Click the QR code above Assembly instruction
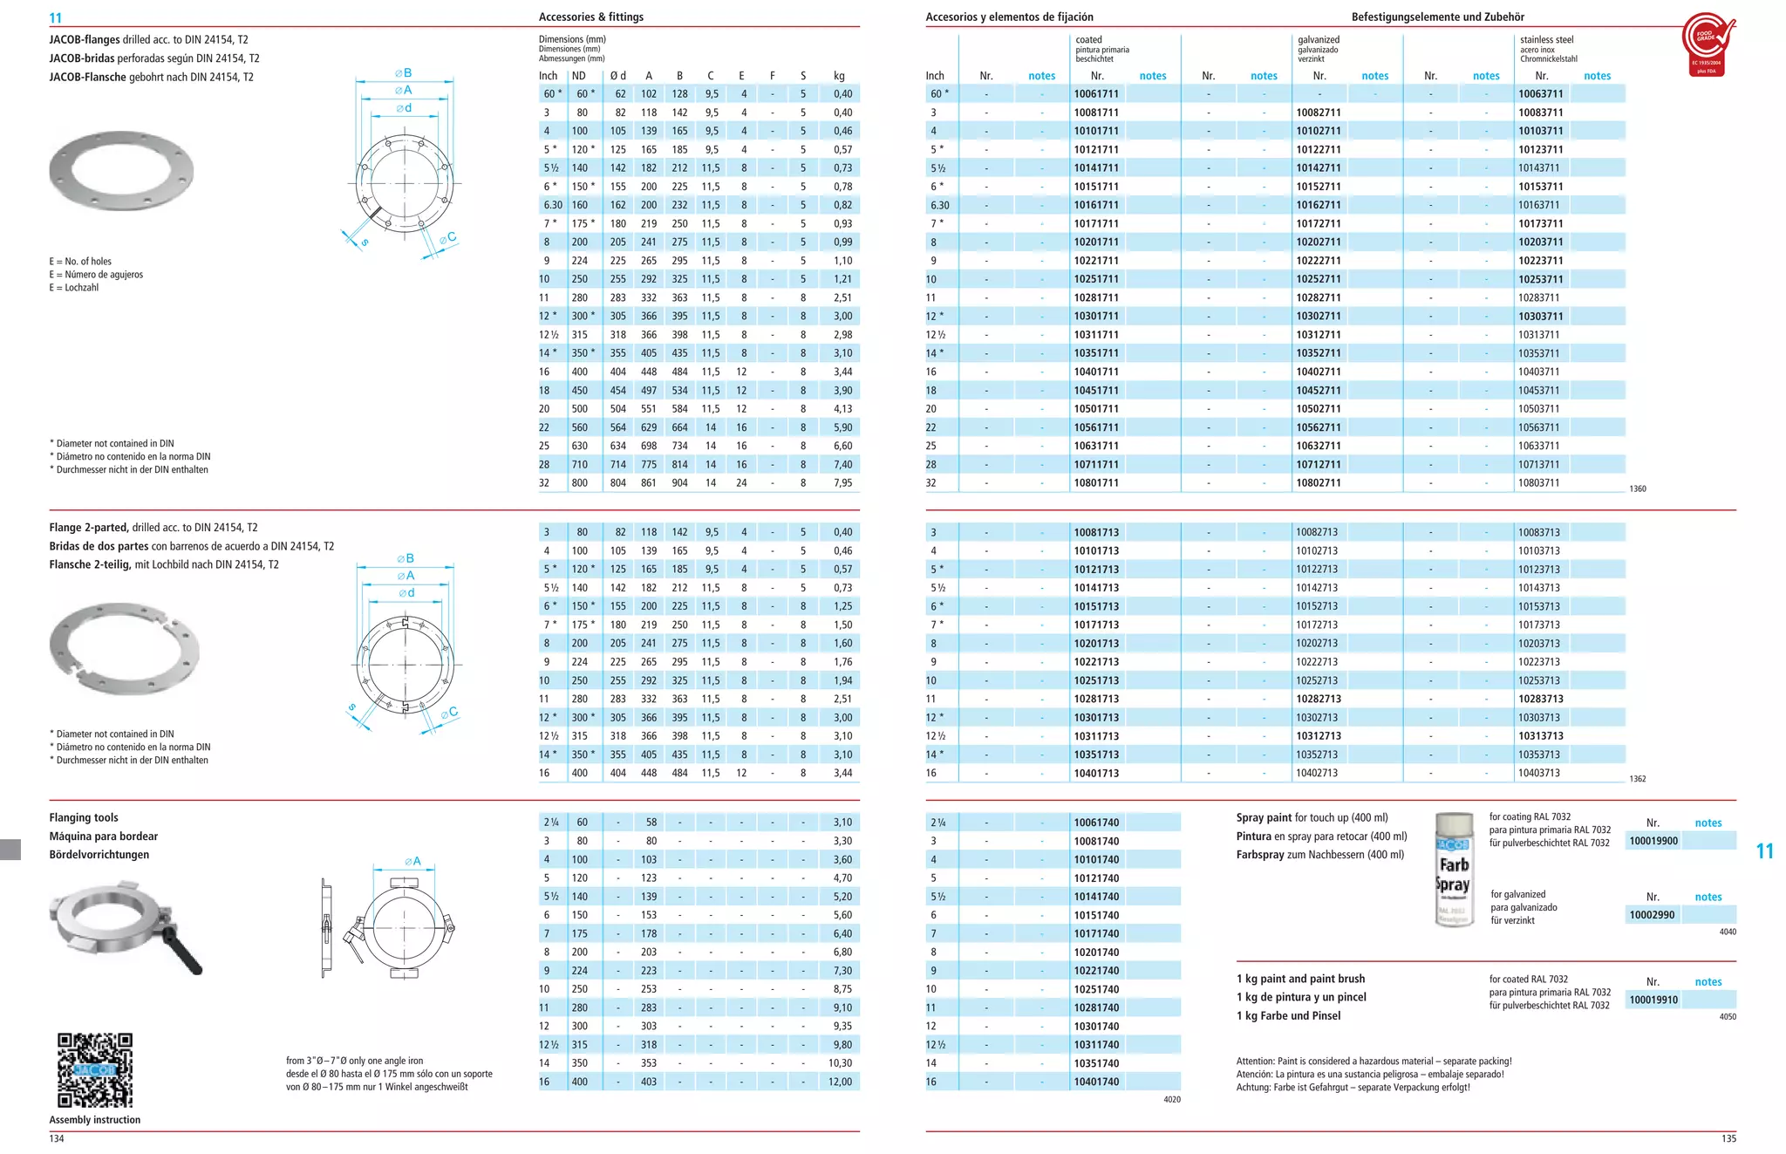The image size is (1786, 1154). tap(95, 1070)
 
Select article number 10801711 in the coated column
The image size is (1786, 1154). tap(1096, 483)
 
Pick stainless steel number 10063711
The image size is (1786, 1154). tap(1540, 94)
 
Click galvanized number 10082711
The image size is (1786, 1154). tap(1318, 113)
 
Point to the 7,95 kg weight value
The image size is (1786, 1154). tap(842, 483)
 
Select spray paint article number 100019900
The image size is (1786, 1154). tap(1653, 841)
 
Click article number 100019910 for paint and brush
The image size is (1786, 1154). tap(1653, 1000)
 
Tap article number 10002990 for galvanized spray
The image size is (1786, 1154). tap(1651, 915)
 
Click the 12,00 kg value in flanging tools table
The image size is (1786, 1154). tap(840, 1082)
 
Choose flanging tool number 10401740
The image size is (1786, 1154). tap(1096, 1082)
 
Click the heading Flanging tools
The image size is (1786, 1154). tap(84, 817)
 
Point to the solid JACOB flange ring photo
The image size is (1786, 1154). tap(121, 171)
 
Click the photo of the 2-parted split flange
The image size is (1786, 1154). tap(125, 648)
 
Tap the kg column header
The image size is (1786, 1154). tap(839, 76)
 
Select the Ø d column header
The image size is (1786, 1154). tap(617, 76)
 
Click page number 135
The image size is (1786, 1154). tap(1728, 1138)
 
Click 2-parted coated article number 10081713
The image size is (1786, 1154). tap(1096, 532)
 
